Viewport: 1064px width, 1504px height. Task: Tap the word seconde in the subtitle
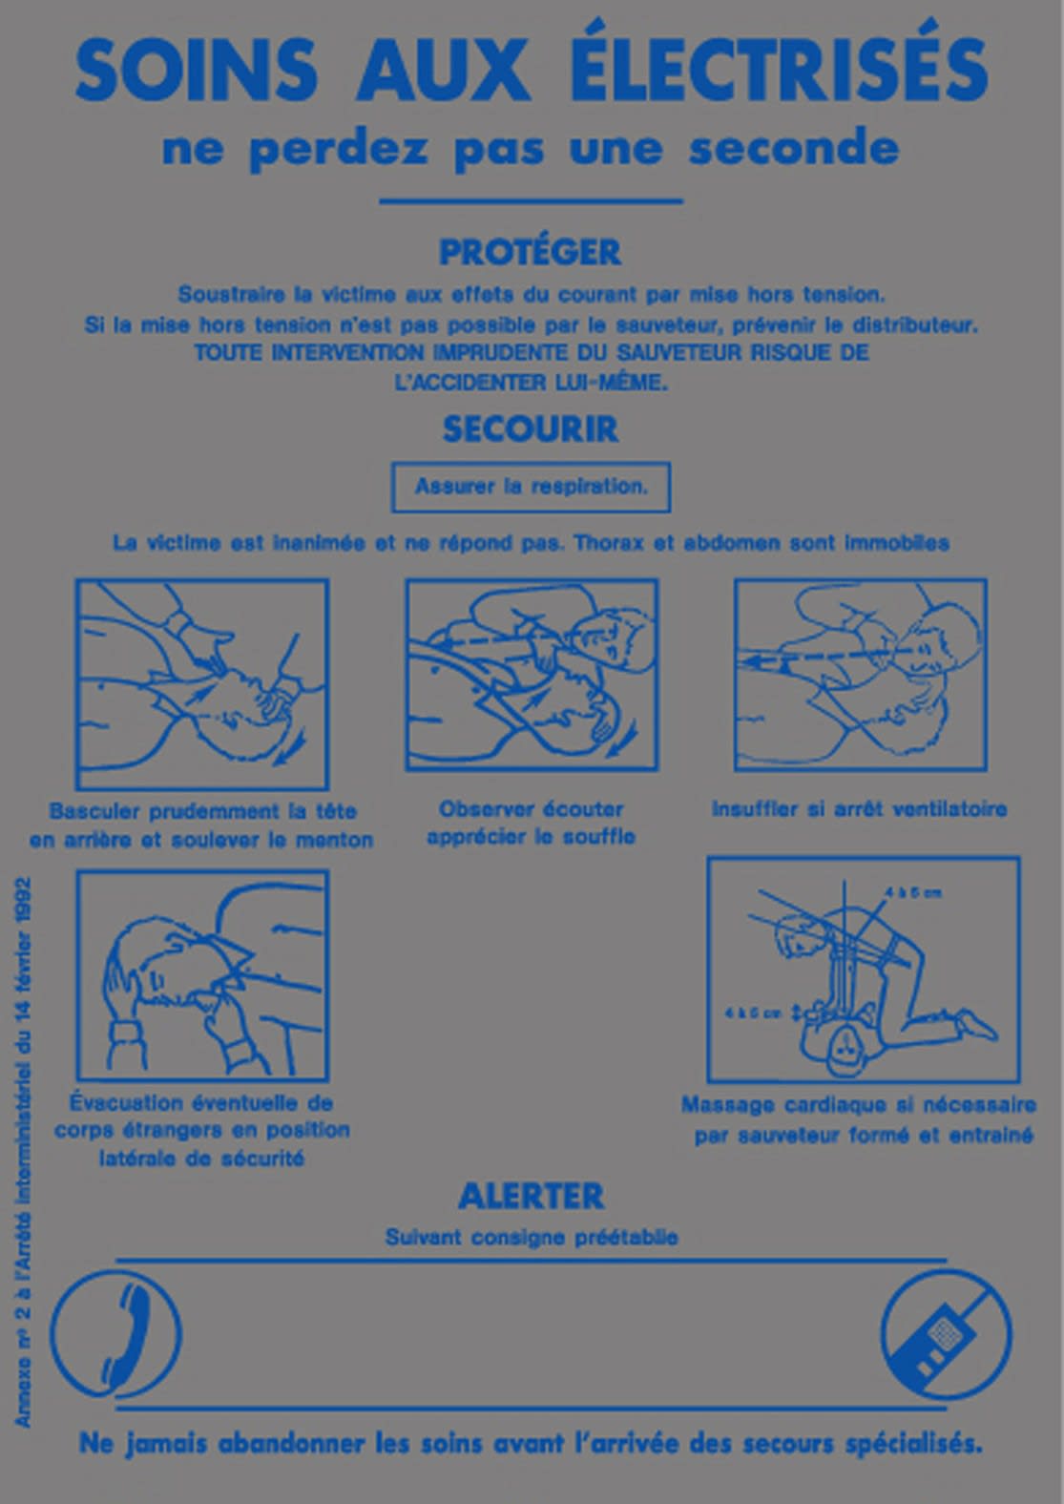point(793,149)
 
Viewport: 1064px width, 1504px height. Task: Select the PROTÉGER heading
point(530,252)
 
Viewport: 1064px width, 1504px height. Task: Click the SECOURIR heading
point(530,429)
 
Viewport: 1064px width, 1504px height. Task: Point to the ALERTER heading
point(531,1196)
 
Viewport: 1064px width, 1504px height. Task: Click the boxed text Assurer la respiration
point(531,487)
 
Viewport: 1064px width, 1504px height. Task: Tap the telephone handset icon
point(115,1334)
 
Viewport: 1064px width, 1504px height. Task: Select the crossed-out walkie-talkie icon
point(945,1334)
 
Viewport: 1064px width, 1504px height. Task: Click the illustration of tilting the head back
point(201,683)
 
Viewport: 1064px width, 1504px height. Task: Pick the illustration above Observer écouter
point(532,674)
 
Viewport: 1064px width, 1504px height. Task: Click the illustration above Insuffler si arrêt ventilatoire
point(860,674)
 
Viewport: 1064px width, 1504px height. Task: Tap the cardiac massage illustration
point(863,970)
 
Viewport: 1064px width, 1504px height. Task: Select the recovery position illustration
point(201,974)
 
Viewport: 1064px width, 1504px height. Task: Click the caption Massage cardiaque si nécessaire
point(858,1105)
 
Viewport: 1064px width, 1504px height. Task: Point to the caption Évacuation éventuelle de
point(201,1103)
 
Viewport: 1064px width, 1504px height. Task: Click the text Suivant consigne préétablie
point(531,1238)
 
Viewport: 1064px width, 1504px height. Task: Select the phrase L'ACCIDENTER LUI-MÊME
point(531,382)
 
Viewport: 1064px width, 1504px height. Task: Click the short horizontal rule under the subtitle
point(531,201)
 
